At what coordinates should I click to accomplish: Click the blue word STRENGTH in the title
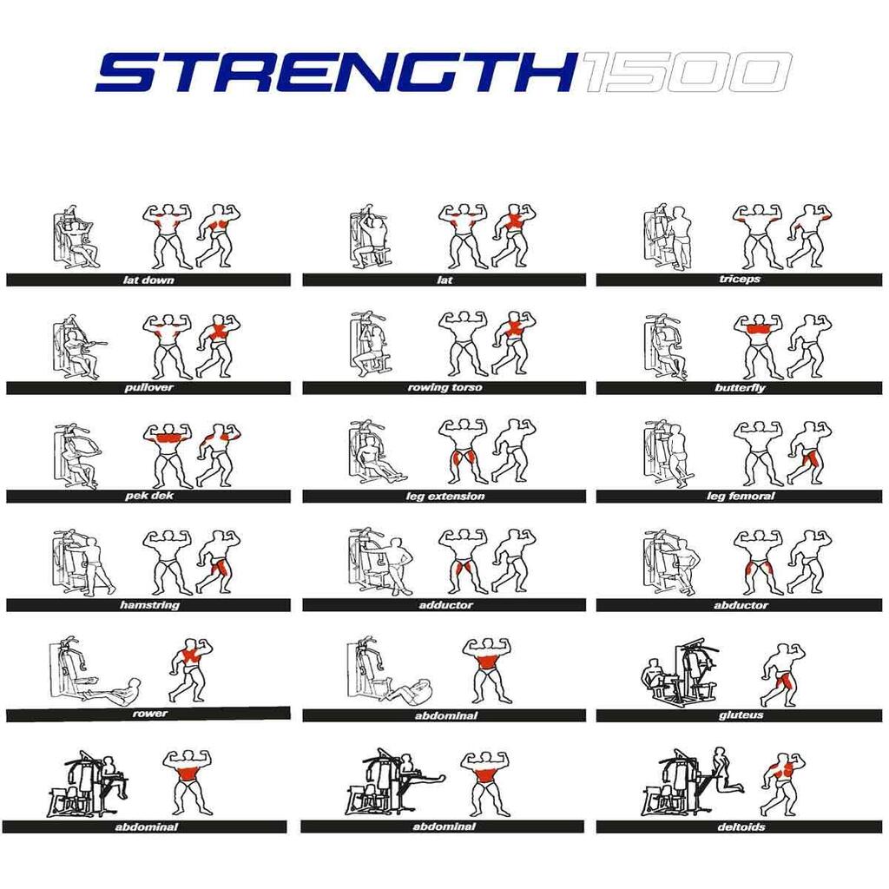click(x=336, y=72)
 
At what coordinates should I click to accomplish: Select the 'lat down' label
click(x=148, y=280)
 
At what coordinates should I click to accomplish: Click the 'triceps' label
click(x=740, y=279)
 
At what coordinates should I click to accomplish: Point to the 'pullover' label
click(x=148, y=388)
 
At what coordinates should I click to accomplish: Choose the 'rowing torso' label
click(x=444, y=388)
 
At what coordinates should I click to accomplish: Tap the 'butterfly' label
click(x=740, y=388)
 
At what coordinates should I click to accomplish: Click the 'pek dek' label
click(x=149, y=496)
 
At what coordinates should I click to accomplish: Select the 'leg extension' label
click(x=445, y=497)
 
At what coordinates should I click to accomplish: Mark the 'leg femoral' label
click(x=741, y=497)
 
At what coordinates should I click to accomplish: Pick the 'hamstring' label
click(x=149, y=605)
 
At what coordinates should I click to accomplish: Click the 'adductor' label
click(x=445, y=605)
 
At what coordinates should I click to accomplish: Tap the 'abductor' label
click(x=741, y=605)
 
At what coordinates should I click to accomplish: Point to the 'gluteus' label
click(x=741, y=715)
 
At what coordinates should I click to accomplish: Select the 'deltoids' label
click(x=741, y=827)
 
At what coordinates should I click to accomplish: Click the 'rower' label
click(x=149, y=714)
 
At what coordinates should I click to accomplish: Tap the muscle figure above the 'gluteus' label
click(x=782, y=675)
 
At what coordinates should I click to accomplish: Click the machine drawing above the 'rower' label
click(x=94, y=669)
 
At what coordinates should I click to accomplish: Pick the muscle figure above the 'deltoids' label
click(x=782, y=784)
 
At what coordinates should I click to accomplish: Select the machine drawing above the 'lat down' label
click(x=76, y=237)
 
